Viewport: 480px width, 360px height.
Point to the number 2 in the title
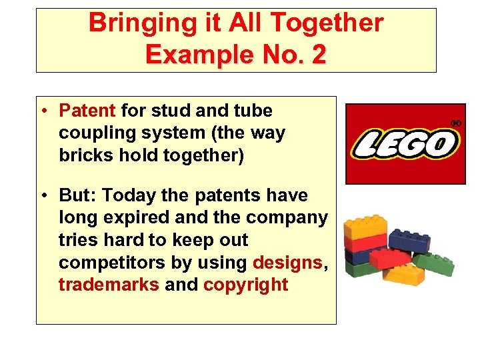pos(318,54)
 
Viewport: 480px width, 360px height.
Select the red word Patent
pos(87,110)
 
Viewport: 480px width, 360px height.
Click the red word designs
pos(287,263)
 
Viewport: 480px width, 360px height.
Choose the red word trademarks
pos(109,285)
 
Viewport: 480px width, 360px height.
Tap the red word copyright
pos(245,285)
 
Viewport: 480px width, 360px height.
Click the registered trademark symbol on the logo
pos(457,123)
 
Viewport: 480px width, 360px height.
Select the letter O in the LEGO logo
pos(443,143)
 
